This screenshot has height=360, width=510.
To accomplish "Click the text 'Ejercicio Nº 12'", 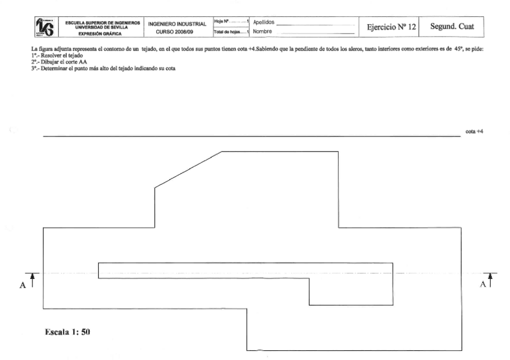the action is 389,26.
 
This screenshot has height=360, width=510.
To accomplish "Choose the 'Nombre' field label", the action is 262,31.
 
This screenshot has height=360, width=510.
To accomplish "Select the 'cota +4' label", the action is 474,130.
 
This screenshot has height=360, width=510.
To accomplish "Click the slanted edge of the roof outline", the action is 188,169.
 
